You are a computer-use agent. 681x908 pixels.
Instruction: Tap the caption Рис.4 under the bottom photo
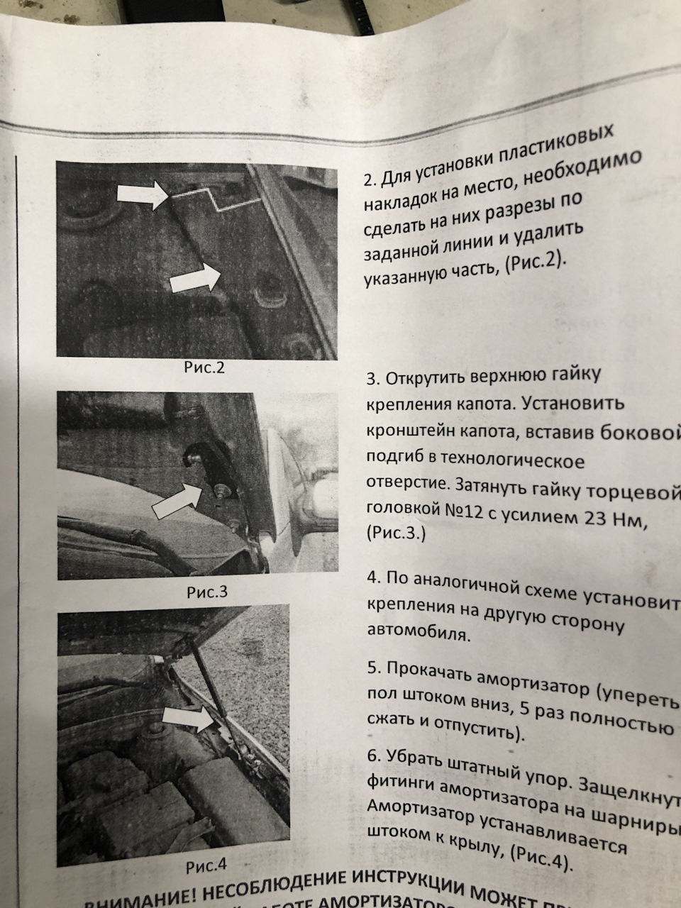(206, 865)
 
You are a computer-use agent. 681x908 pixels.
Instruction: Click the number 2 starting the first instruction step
(367, 180)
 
